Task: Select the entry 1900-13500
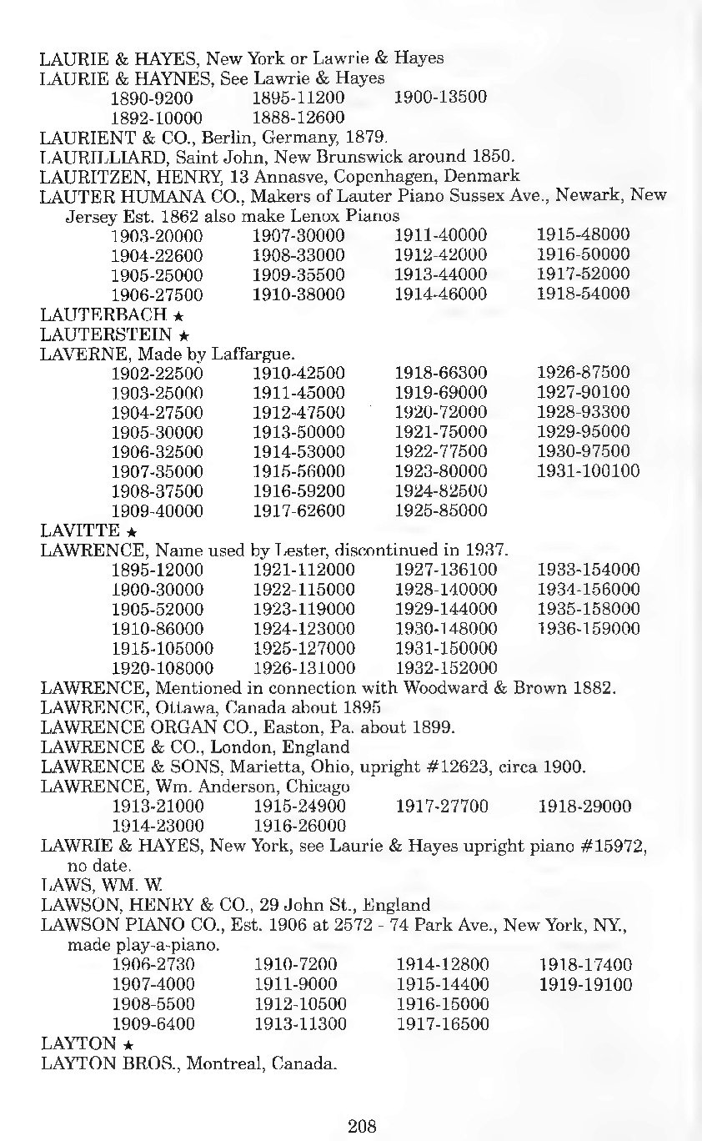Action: click(x=440, y=97)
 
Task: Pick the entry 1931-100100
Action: click(x=589, y=471)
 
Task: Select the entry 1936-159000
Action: click(x=589, y=629)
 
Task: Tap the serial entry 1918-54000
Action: click(x=584, y=294)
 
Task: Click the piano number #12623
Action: click(x=451, y=767)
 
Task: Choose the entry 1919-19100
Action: click(x=585, y=985)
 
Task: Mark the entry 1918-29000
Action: click(x=585, y=807)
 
